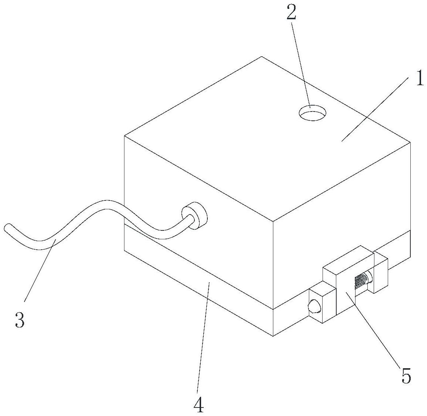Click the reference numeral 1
click(419, 78)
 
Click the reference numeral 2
click(291, 13)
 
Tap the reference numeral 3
click(20, 319)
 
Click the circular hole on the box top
click(313, 113)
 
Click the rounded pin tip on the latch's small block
click(313, 307)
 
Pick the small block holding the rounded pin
click(323, 302)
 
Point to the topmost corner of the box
click(262, 57)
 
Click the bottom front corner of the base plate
click(273, 336)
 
